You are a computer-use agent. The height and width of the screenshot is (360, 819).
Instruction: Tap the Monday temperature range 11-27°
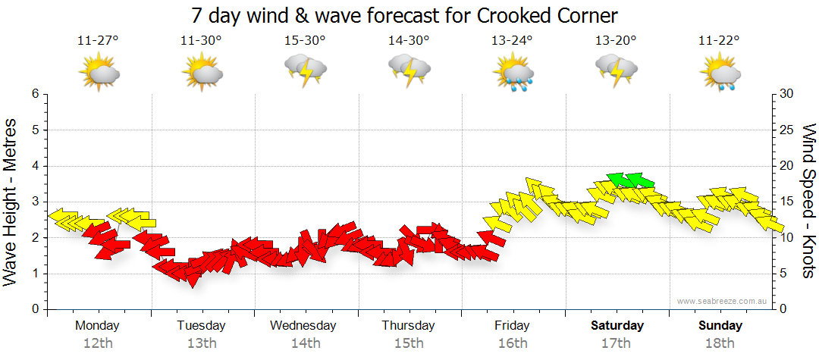[99, 40]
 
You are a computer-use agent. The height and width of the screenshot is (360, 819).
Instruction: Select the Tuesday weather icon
[202, 74]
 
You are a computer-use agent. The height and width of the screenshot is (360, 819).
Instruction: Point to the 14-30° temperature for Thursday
[409, 40]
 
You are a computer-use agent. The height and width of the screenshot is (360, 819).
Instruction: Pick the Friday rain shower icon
[513, 74]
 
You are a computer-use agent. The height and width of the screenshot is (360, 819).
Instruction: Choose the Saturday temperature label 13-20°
[616, 40]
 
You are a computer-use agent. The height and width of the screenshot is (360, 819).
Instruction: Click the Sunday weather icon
[720, 74]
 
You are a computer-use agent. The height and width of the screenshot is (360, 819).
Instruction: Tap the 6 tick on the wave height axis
[35, 94]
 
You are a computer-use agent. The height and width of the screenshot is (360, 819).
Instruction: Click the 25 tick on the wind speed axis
[787, 130]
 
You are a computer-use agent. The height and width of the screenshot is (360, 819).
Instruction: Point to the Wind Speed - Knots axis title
[808, 202]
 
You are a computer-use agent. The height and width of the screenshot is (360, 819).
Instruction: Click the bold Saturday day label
[617, 326]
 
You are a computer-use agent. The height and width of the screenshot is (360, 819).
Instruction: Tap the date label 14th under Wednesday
[306, 343]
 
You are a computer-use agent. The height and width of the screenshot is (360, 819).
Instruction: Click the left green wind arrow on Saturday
[619, 180]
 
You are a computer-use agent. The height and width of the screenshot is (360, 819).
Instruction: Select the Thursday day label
[409, 326]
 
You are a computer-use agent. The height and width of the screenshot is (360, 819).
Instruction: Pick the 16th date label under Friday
[513, 343]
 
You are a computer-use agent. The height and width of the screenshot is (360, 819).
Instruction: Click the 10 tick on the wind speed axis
[787, 238]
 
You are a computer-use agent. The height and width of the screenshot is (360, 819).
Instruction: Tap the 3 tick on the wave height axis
[35, 202]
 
